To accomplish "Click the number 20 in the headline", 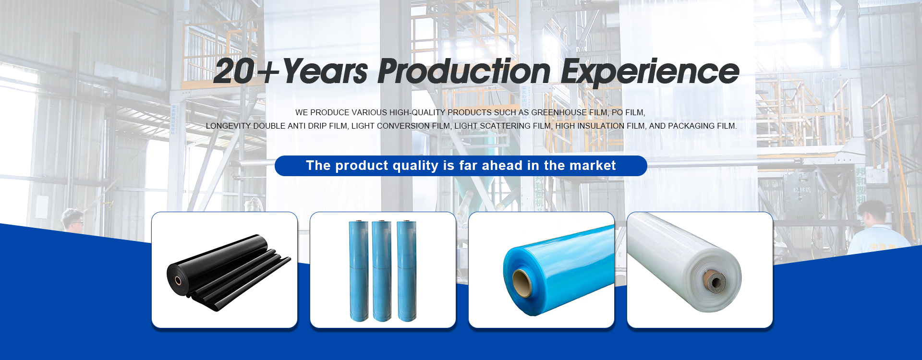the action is coord(234,72).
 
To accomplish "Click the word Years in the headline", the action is coord(325,72).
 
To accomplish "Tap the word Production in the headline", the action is coord(464,72).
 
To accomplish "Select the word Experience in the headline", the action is coord(650,72).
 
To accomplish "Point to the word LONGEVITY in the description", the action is coord(229,126).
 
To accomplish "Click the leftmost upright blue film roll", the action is coord(358,271).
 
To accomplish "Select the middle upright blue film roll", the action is coord(382,271).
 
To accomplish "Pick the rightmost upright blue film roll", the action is coord(406,271).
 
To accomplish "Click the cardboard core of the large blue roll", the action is coord(522,283).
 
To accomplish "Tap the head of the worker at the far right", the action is coord(873,213).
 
